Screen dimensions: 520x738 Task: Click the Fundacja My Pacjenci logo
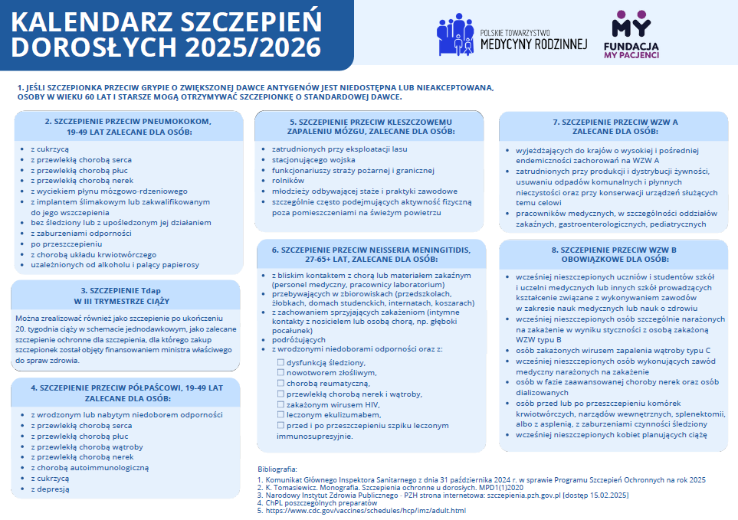(x=635, y=34)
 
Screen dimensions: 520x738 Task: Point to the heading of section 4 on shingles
(x=127, y=393)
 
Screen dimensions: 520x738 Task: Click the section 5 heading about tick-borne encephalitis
(x=369, y=126)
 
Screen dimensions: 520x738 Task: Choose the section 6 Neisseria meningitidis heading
(x=369, y=254)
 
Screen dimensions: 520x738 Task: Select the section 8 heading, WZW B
(x=615, y=254)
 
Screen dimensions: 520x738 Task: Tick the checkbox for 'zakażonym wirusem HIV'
(x=281, y=404)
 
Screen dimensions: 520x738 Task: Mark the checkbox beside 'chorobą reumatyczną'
(x=281, y=382)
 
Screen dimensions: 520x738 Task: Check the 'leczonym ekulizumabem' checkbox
(x=281, y=414)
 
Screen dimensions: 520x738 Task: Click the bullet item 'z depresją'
(x=50, y=489)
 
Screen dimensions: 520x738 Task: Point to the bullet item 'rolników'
(x=277, y=180)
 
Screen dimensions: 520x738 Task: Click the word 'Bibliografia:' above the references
(x=281, y=468)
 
